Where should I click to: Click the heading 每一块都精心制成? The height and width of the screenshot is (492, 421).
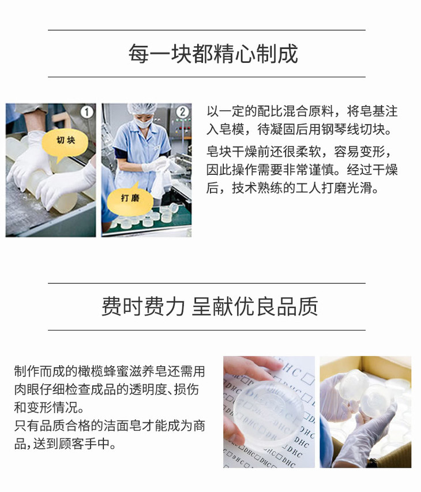(x=213, y=54)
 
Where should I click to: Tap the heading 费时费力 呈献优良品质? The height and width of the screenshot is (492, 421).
(x=209, y=306)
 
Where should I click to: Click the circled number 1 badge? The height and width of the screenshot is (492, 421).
(x=87, y=112)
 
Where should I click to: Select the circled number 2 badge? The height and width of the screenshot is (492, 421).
(x=183, y=112)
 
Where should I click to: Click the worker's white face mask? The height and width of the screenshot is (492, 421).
(x=144, y=123)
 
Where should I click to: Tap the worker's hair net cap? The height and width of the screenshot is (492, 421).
(x=142, y=109)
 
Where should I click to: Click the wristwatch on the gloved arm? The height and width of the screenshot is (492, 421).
(x=373, y=462)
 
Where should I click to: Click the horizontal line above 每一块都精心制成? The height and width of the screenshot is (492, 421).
(x=206, y=30)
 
